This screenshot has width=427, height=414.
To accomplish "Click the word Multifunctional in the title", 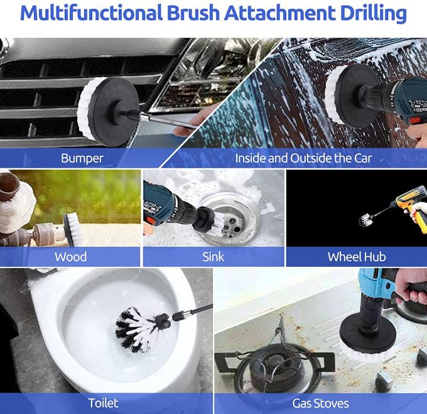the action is tap(91, 13).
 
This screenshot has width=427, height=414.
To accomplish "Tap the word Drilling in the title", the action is tap(374, 13).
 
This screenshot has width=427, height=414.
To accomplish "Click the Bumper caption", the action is tap(82, 158).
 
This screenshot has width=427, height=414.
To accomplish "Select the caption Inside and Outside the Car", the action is tap(303, 158).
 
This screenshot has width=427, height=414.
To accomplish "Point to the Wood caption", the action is tap(70, 257).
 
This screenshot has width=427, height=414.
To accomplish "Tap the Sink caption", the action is tap(213, 257).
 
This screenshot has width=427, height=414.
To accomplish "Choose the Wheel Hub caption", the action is tap(357, 257).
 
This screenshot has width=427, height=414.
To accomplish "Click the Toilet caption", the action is tap(103, 403).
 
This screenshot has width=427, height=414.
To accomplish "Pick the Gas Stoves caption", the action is tap(320, 403).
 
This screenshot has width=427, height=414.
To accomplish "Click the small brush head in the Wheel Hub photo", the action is tap(365, 220).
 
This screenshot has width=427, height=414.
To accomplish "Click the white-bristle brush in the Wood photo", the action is tap(72, 229).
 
